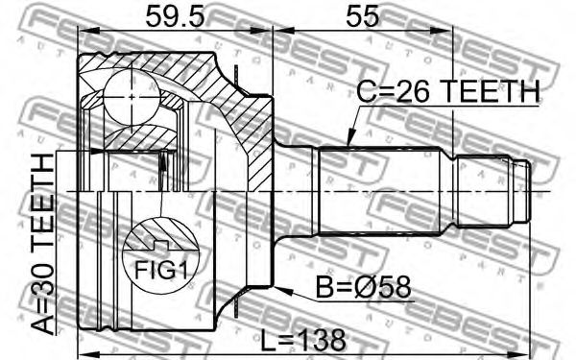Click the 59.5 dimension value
point(175,15)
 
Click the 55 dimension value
point(362,15)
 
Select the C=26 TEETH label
point(449,91)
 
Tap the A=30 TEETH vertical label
point(42,244)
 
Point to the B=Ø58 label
point(363,287)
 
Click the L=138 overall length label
point(303,340)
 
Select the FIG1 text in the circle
point(161,270)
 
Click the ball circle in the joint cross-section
point(132,97)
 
